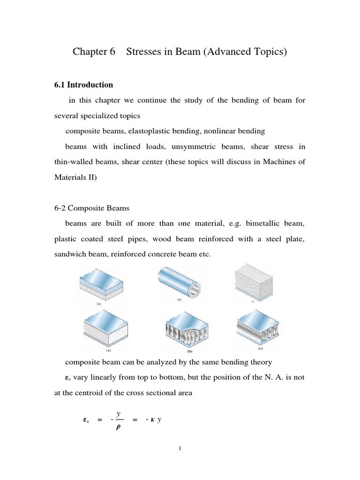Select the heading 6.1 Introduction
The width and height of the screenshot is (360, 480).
coord(84,85)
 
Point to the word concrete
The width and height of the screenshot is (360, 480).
coord(175,255)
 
